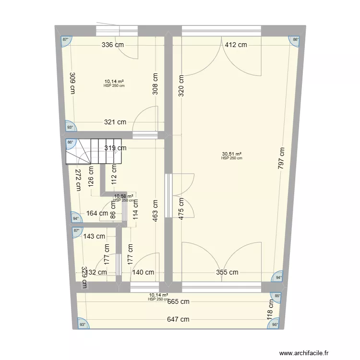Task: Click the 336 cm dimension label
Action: (113, 45)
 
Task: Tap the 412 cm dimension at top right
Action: (236, 45)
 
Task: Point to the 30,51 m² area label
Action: (231, 154)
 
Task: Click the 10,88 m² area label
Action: (123, 196)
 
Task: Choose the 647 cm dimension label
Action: (178, 319)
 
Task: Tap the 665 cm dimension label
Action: (178, 301)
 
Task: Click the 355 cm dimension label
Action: (227, 272)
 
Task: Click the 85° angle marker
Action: (277, 296)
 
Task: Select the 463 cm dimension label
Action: (156, 210)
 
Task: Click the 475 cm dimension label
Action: (181, 209)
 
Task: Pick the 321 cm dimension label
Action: (115, 122)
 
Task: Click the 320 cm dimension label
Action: (181, 86)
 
